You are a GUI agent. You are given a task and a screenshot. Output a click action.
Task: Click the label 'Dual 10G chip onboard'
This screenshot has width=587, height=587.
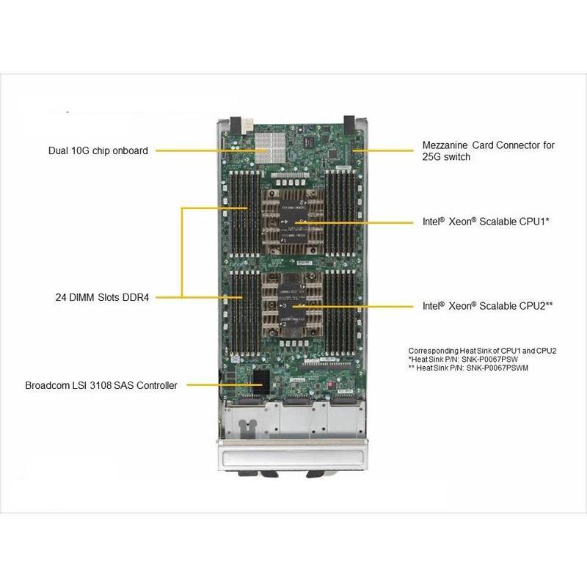click(x=98, y=150)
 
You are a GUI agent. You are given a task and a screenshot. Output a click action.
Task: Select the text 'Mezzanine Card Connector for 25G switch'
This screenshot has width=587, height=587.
click(x=488, y=150)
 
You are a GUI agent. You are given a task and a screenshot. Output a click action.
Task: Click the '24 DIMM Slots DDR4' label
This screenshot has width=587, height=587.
click(x=102, y=297)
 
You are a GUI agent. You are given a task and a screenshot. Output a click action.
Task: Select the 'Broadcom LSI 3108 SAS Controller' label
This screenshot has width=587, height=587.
click(x=101, y=385)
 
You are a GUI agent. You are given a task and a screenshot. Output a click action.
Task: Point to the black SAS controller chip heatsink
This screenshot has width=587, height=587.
click(x=260, y=379)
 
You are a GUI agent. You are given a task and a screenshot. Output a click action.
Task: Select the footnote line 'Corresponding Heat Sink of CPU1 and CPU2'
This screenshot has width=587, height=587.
click(x=482, y=350)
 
